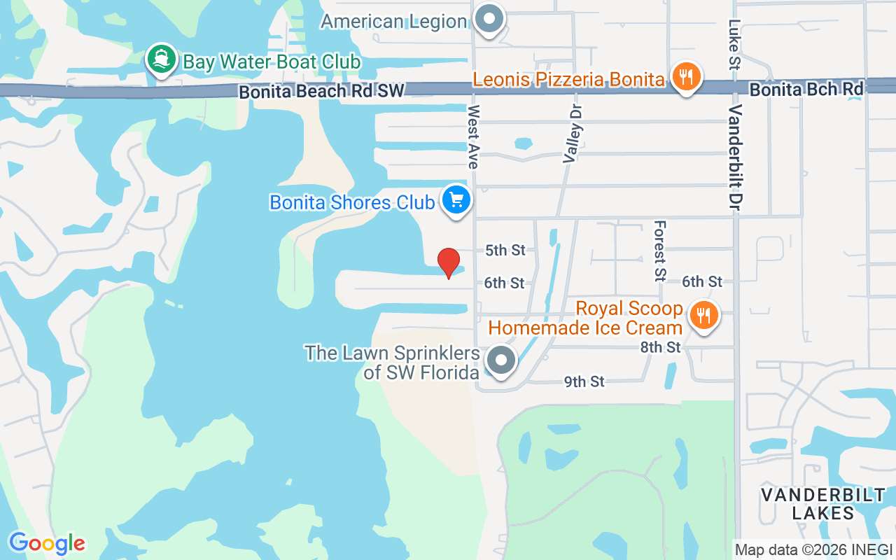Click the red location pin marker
click(x=449, y=262)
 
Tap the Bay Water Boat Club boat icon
click(x=162, y=60)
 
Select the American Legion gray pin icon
click(x=489, y=19)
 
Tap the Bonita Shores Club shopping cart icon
click(x=456, y=201)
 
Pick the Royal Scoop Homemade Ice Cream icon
click(x=703, y=316)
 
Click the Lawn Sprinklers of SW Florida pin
click(x=500, y=360)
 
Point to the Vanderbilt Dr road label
click(x=736, y=158)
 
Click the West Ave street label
click(x=474, y=136)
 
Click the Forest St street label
click(x=659, y=251)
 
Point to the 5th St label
click(x=505, y=251)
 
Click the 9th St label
click(x=584, y=381)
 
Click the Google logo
click(x=47, y=543)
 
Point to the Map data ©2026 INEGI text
click(x=813, y=549)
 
